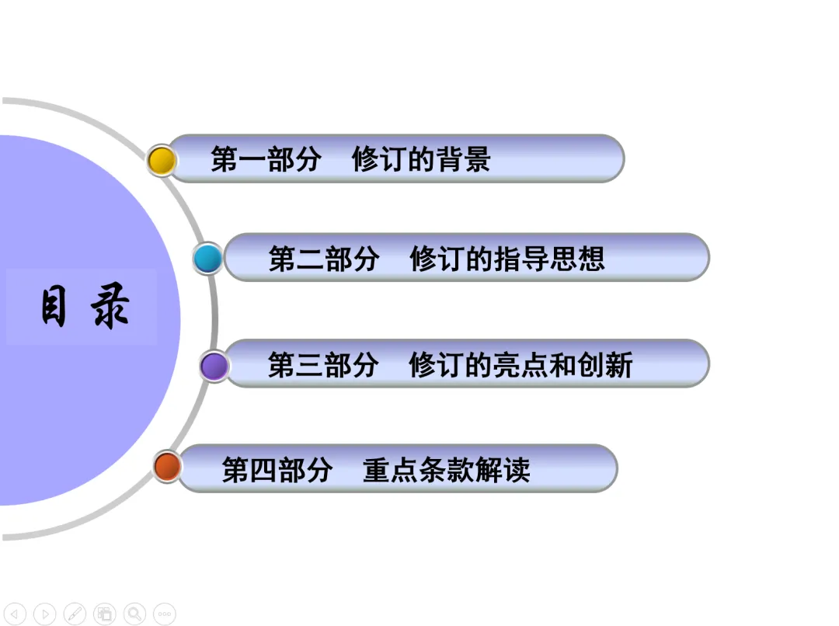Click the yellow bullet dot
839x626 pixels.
(162, 161)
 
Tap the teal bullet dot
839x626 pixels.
(207, 259)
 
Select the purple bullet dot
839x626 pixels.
(214, 365)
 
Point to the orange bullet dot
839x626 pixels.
(167, 467)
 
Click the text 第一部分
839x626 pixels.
(266, 160)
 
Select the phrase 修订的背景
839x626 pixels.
(421, 160)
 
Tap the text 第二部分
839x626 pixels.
(323, 259)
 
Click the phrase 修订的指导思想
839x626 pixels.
(507, 259)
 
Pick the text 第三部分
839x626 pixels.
(323, 364)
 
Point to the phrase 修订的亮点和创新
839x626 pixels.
(521, 364)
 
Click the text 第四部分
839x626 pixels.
(277, 469)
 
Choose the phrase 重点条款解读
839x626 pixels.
(447, 469)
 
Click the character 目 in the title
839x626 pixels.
(54, 307)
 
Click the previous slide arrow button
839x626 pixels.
(15, 614)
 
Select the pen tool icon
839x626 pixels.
(75, 614)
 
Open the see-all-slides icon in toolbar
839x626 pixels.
(105, 614)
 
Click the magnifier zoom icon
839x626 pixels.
(134, 614)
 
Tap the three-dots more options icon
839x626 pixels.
(164, 614)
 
